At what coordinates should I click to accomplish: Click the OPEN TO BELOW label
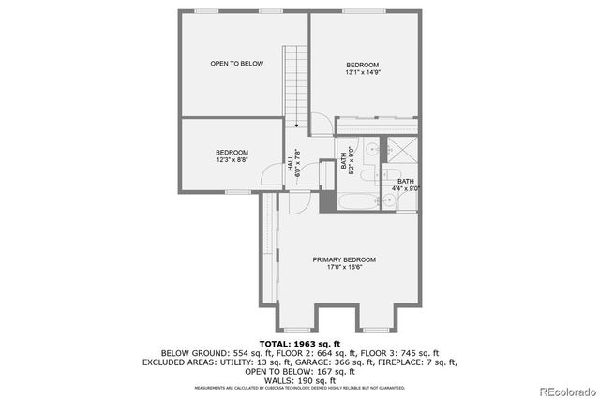click(x=236, y=64)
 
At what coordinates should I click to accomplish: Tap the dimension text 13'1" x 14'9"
click(x=362, y=72)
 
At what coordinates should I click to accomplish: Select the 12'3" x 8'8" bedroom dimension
click(x=232, y=161)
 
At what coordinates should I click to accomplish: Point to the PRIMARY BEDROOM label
click(x=344, y=259)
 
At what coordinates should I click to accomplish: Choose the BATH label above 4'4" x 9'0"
click(x=405, y=181)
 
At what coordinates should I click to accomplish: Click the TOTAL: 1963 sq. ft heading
click(x=300, y=344)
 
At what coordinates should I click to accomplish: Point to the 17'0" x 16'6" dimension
click(x=344, y=268)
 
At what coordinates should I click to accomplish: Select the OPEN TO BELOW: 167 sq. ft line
click(x=300, y=371)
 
